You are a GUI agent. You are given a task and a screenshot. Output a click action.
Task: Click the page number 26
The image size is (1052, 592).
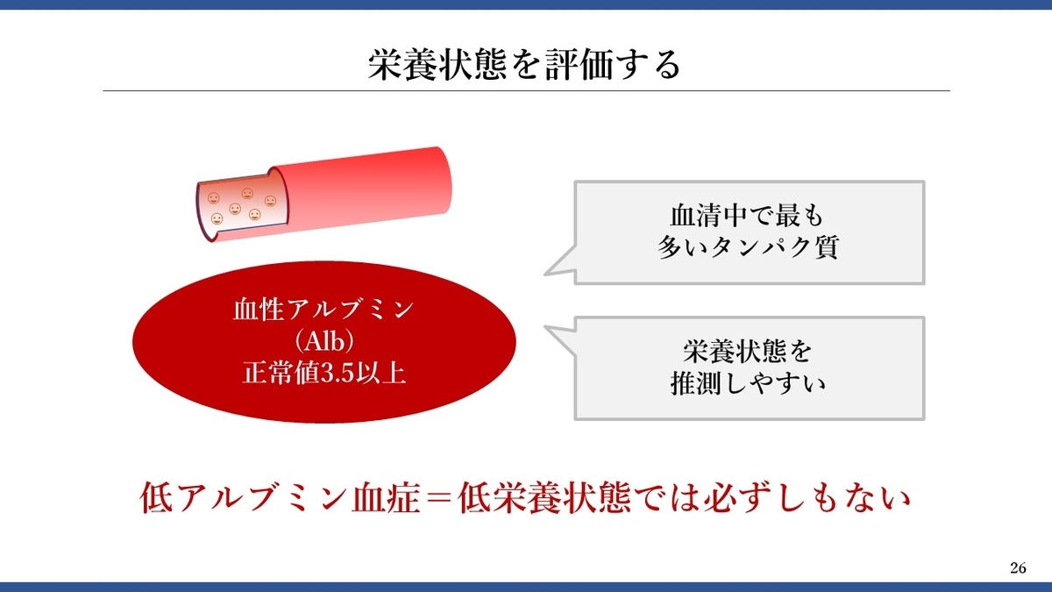tap(1018, 568)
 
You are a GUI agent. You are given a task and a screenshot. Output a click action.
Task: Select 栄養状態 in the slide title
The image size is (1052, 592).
tap(437, 65)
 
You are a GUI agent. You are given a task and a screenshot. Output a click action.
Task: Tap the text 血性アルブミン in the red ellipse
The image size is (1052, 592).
tap(323, 310)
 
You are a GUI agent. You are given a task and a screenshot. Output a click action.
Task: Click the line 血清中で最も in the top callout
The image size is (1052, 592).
tap(747, 216)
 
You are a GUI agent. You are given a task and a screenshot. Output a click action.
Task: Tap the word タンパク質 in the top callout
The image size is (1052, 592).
tap(774, 246)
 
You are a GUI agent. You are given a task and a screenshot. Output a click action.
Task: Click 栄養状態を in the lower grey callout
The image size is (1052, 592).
tap(748, 352)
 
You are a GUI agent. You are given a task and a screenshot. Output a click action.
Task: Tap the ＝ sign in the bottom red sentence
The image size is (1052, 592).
tap(438, 498)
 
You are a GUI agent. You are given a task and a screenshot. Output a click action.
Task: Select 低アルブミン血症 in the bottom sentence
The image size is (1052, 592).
tap(280, 498)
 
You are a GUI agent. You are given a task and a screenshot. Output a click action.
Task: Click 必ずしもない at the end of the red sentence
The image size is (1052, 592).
tap(807, 498)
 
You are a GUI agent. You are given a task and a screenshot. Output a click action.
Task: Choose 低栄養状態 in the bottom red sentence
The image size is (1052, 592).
tap(544, 498)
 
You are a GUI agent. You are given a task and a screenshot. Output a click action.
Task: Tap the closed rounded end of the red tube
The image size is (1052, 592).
tap(443, 181)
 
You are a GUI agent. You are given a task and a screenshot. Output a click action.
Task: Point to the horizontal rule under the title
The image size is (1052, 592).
tap(526, 90)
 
